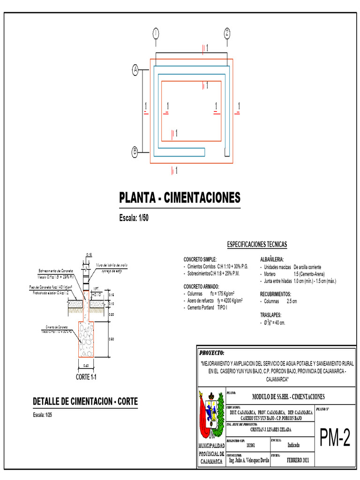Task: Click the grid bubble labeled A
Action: (135, 71)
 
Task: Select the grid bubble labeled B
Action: (135, 151)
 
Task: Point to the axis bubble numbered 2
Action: (227, 33)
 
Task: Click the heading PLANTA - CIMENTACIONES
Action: (180, 197)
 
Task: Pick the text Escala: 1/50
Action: (135, 218)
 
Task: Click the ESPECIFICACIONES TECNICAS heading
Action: (257, 245)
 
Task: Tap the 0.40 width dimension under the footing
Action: (86, 366)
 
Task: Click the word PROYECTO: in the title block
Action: (212, 352)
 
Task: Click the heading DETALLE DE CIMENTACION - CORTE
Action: (85, 402)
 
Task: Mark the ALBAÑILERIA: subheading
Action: (272, 259)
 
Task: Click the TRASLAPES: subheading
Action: (271, 315)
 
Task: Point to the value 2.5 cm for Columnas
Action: (291, 301)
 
